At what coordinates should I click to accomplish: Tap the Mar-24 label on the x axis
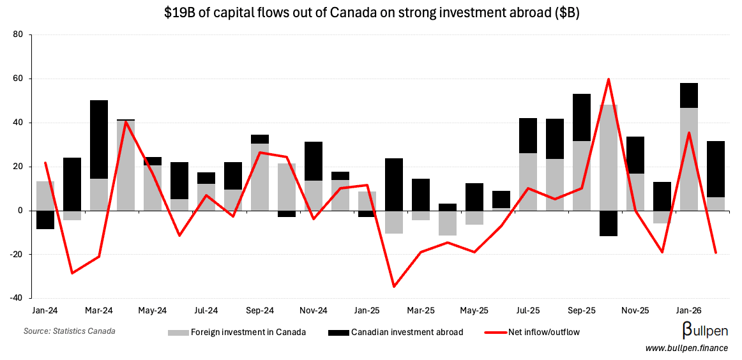click(99, 310)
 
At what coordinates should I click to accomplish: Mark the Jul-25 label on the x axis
click(527, 310)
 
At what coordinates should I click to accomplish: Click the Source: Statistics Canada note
click(70, 331)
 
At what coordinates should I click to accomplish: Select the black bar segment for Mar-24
click(99, 139)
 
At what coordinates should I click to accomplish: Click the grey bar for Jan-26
click(689, 159)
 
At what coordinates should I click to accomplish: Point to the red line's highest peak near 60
click(609, 79)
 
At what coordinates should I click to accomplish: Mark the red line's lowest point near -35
click(394, 287)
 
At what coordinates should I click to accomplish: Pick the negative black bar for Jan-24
click(45, 220)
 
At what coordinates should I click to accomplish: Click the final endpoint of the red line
click(716, 253)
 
